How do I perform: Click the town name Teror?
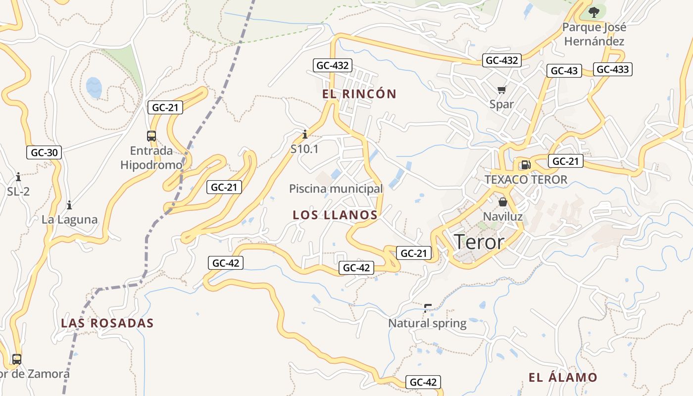(479, 242)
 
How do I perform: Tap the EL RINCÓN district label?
(359, 94)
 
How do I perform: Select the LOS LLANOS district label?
(335, 215)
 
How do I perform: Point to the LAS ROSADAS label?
(107, 323)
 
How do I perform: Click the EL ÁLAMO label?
(563, 378)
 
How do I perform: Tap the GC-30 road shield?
(44, 152)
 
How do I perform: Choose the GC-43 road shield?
(564, 71)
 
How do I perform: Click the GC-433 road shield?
(612, 69)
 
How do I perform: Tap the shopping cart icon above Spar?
(502, 90)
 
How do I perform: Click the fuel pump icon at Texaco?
(526, 165)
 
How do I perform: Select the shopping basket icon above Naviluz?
(503, 202)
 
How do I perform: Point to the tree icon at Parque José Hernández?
(594, 12)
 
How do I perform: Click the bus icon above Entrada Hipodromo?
(151, 136)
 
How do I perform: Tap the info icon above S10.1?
(304, 134)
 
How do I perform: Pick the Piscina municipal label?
(336, 189)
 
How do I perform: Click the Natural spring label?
(427, 323)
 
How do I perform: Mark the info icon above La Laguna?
(69, 204)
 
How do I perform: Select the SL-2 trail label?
(18, 191)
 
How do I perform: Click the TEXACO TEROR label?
(526, 179)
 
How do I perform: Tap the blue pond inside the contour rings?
(94, 88)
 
